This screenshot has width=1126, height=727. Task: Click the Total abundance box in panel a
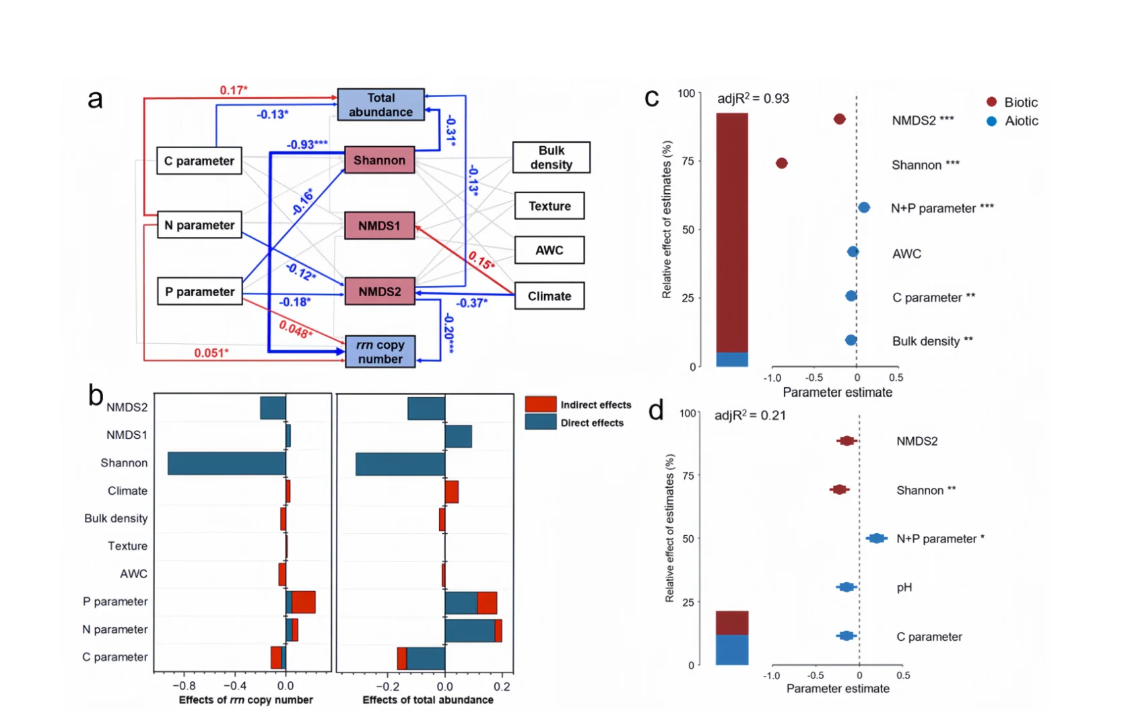[x=380, y=105]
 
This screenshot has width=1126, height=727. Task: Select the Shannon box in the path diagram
[x=379, y=160]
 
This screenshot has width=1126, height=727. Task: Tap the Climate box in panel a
[x=549, y=296]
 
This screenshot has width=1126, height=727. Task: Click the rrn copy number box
[x=380, y=351]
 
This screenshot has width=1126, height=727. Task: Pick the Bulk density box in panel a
[x=551, y=158]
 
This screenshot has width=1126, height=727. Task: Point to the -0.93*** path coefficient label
[x=307, y=145]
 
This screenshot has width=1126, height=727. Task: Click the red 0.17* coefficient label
[x=234, y=90]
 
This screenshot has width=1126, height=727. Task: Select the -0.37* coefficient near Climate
[x=471, y=303]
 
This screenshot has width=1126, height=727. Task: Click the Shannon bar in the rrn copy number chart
[x=227, y=463]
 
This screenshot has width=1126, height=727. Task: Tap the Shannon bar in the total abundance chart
[x=400, y=464]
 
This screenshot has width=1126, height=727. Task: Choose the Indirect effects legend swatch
[x=540, y=404]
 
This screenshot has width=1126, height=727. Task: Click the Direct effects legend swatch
[x=540, y=422]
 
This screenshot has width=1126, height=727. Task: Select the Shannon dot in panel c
[x=781, y=164]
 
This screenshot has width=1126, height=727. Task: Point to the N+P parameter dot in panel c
[x=863, y=208]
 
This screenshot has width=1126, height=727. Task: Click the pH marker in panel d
[x=847, y=587]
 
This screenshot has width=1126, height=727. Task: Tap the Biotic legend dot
[x=991, y=102]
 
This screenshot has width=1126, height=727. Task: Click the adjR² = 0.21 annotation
[x=750, y=415]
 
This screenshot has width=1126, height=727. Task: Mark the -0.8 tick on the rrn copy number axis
[x=184, y=686]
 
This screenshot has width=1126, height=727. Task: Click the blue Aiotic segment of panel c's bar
[x=732, y=359]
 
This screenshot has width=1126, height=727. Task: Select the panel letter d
[x=655, y=410]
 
